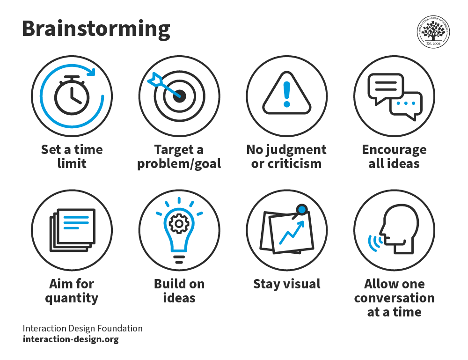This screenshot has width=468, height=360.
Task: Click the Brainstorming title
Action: (96, 29)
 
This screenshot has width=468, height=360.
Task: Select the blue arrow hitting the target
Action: (161, 85)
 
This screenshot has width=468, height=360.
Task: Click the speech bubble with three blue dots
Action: (405, 105)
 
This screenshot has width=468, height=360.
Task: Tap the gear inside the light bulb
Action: (179, 224)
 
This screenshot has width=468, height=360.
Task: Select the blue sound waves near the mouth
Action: (374, 242)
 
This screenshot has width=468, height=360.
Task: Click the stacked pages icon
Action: (73, 229)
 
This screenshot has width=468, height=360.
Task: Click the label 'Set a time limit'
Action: (72, 156)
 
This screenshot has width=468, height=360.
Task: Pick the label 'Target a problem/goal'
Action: (179, 156)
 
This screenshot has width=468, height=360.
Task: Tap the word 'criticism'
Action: (286, 164)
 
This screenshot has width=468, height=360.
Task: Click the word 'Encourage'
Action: (394, 149)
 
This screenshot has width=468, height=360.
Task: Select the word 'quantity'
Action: (72, 298)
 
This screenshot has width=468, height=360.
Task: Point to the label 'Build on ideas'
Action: (179, 291)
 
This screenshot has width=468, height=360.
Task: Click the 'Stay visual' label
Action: (286, 284)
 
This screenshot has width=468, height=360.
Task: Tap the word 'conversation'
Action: (394, 298)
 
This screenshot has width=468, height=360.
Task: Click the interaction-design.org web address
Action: (71, 339)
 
